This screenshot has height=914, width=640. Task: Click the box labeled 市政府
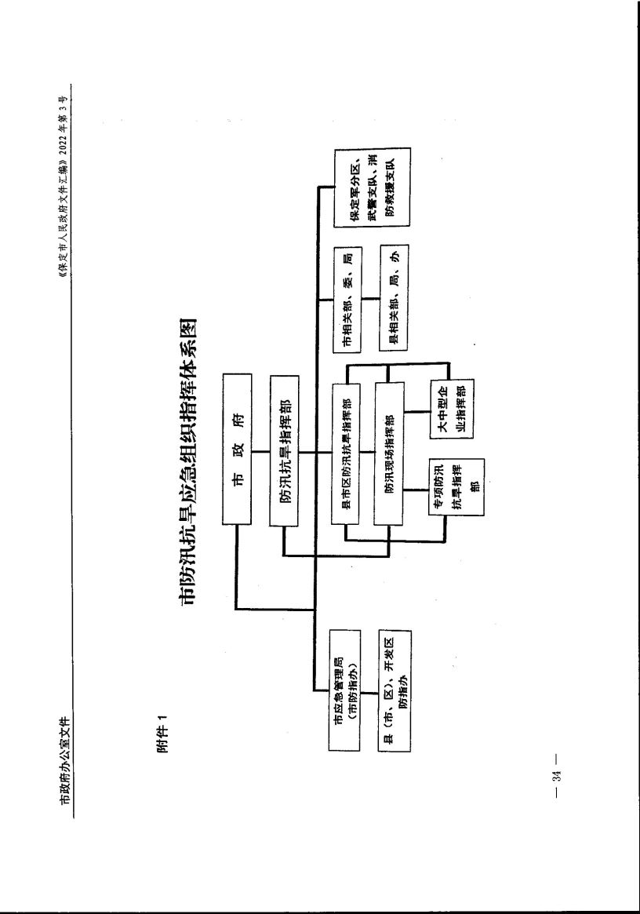pos(237,450)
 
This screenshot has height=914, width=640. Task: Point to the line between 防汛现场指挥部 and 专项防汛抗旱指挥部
pos(416,490)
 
